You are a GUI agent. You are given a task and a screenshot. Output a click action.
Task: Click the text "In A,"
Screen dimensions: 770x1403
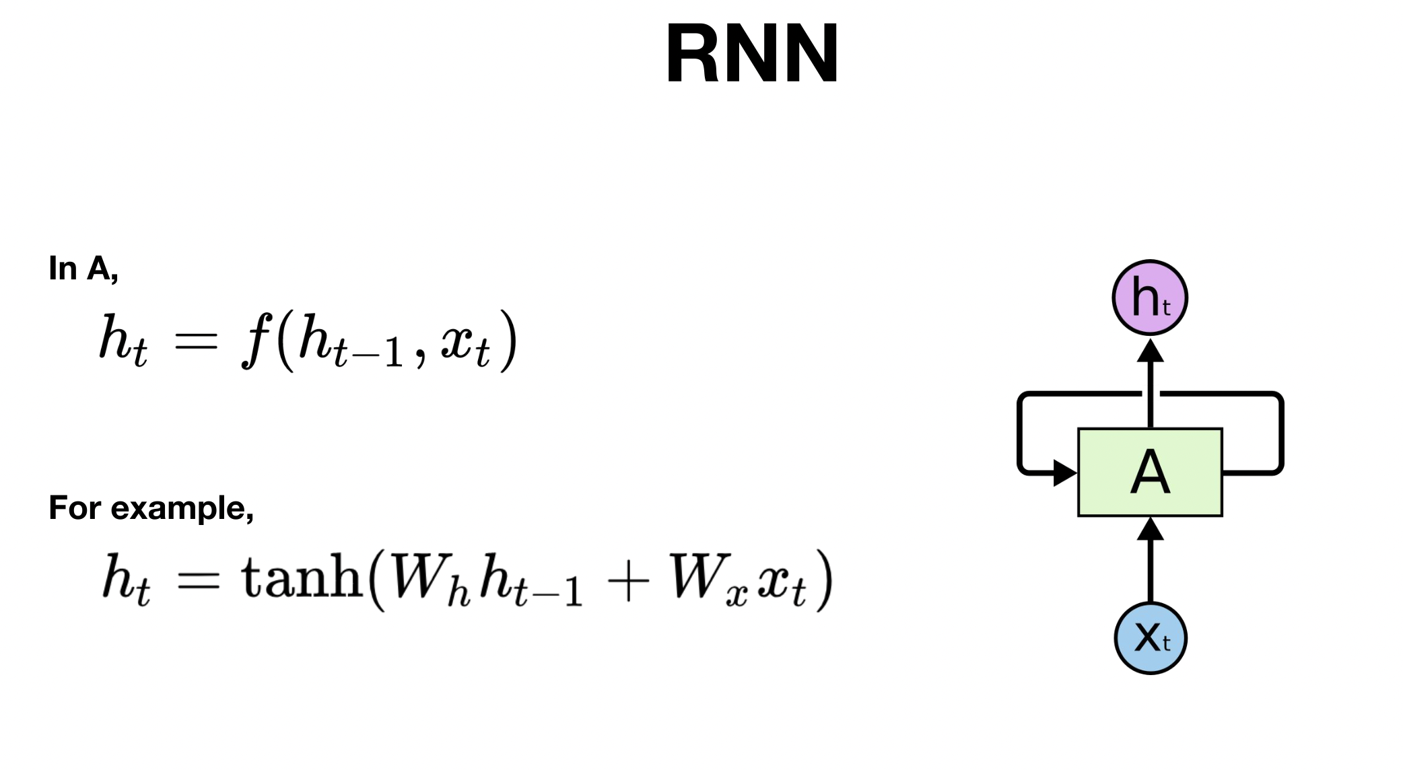[x=83, y=269]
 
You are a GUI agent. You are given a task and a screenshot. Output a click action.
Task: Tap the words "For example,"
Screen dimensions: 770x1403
[x=151, y=508]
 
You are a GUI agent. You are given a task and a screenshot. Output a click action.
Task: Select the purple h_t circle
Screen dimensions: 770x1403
[x=1149, y=297]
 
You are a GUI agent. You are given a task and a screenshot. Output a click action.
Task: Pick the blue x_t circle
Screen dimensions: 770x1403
[x=1150, y=637]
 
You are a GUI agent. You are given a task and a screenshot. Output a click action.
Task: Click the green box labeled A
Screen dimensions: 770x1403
[x=1150, y=473]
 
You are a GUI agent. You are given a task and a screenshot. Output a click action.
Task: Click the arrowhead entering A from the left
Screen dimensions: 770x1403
[x=1064, y=473]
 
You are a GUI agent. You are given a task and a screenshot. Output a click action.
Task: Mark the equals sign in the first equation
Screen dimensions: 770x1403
[x=195, y=341]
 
